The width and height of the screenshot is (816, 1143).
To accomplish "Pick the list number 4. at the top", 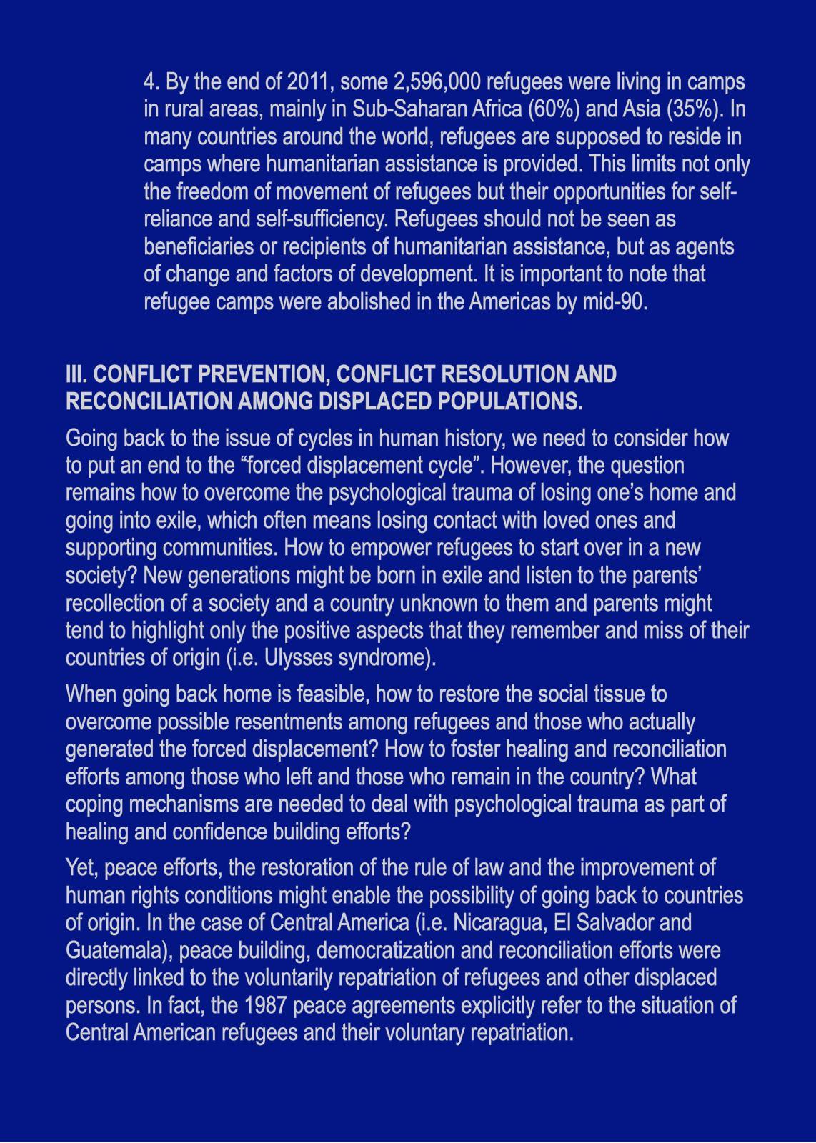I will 151,83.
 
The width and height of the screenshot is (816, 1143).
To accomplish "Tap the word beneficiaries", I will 194,247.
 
